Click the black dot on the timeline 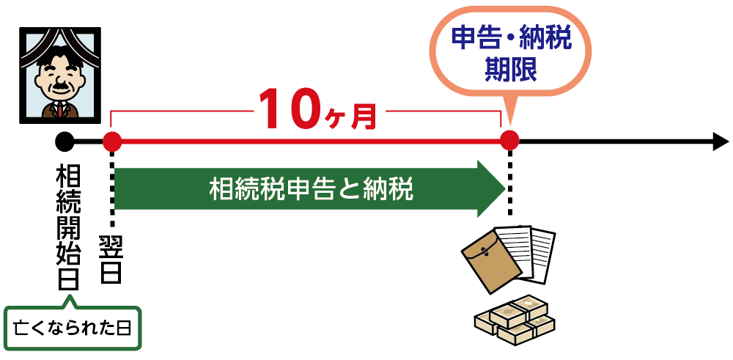65,142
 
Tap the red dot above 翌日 112,142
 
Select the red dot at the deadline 509,140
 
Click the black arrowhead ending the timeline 721,142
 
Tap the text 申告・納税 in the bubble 511,38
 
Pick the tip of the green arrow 506,189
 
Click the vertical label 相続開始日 67,227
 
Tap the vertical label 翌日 111,260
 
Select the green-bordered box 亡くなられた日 73,328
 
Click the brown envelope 491,262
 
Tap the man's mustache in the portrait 60,87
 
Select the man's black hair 59,60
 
